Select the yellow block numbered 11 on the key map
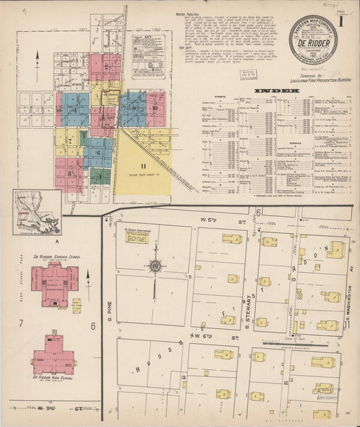pos(143,165)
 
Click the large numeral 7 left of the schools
pos(21,324)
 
